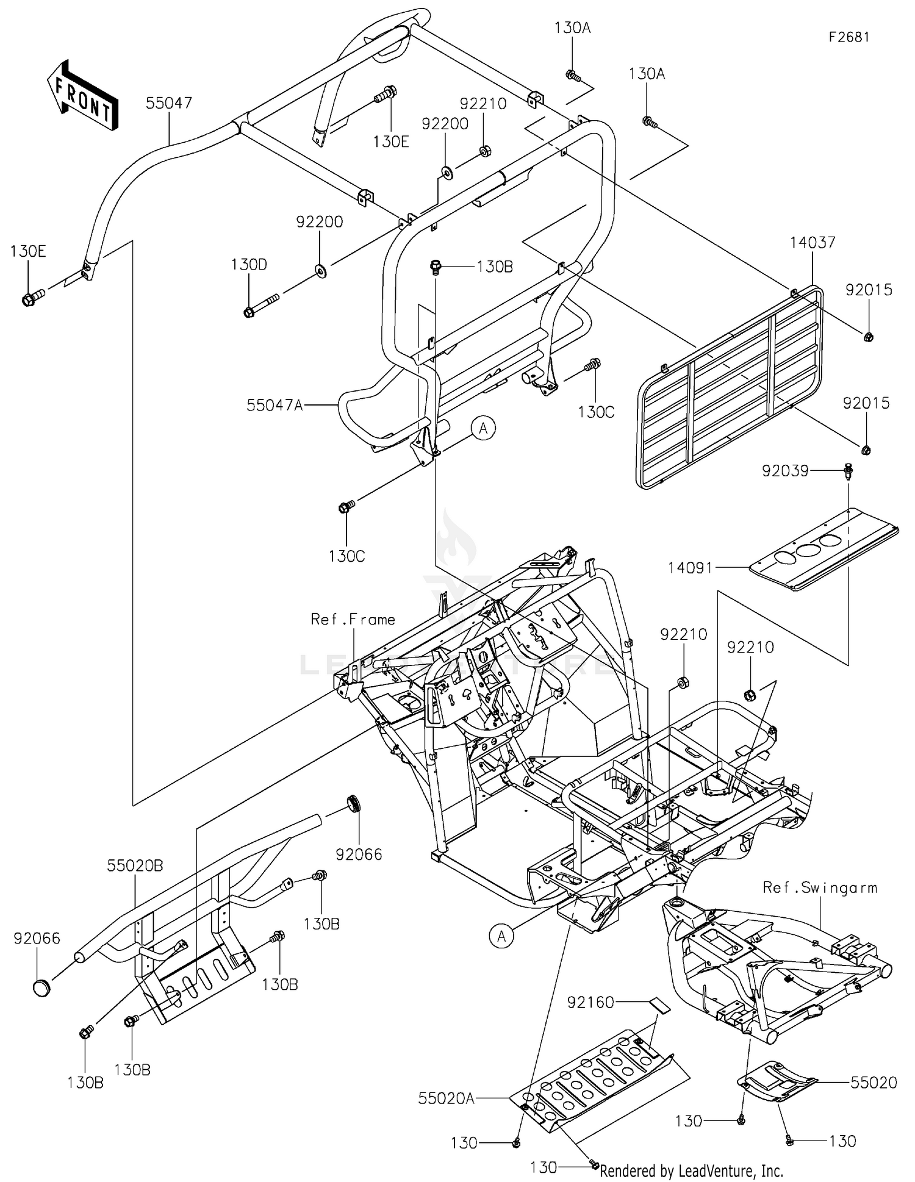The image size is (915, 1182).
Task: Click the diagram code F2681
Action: click(x=849, y=37)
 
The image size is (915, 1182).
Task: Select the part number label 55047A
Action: click(x=274, y=405)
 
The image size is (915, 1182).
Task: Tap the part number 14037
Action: click(x=813, y=242)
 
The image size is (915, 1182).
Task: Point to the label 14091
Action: click(x=690, y=568)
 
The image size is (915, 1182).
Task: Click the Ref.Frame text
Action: click(x=353, y=620)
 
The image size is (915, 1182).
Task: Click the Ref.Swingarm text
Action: click(x=820, y=888)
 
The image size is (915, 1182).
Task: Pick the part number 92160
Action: click(x=590, y=1002)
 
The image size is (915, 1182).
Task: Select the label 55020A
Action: click(x=447, y=1098)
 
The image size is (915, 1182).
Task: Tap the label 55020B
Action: click(x=135, y=865)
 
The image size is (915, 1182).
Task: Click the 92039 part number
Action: click(x=785, y=470)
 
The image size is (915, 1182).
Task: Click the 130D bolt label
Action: click(x=249, y=265)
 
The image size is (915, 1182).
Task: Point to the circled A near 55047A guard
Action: click(x=483, y=429)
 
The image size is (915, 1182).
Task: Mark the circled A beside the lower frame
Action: click(x=501, y=936)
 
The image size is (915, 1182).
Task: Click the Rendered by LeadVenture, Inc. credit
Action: click(x=691, y=1170)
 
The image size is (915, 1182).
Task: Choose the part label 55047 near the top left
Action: click(x=169, y=103)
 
